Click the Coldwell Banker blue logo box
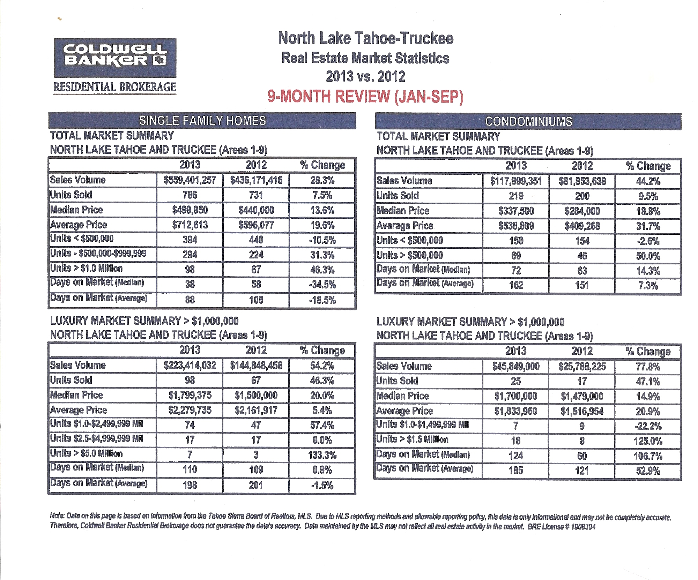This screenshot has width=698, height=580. coord(115,58)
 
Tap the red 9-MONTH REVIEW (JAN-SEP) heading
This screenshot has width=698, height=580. coord(365,97)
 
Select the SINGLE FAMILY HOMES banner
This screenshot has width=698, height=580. coord(202,121)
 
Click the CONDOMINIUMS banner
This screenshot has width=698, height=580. coord(528,121)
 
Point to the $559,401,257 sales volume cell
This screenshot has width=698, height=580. coord(190,180)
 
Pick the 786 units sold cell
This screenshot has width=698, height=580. coord(190,195)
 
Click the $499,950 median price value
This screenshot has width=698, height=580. coord(190,210)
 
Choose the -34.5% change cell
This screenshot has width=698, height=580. coord(322,285)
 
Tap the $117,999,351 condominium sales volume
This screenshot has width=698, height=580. coord(516,181)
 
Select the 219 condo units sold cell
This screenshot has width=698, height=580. coord(516,196)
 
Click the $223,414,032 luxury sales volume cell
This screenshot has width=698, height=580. coord(190,366)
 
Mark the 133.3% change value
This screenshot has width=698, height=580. coord(322,455)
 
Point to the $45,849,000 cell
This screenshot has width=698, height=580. coord(515,367)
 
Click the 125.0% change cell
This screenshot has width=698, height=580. coord(648,441)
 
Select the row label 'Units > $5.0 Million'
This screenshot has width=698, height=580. coord(86,453)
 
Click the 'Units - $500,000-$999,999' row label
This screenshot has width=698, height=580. coord(98,254)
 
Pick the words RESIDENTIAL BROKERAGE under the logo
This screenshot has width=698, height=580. coord(115,87)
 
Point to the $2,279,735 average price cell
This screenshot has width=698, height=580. coord(190,410)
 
